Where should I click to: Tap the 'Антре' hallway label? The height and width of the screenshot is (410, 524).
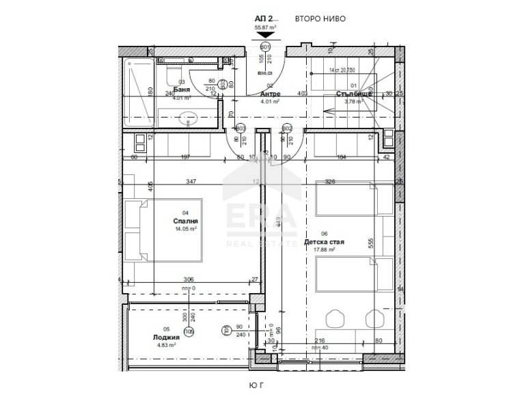269,94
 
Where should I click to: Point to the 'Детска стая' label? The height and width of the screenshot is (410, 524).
329,242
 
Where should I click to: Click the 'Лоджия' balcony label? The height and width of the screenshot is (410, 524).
167,338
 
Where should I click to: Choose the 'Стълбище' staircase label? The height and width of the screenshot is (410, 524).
353,94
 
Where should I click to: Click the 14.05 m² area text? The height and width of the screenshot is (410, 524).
184,229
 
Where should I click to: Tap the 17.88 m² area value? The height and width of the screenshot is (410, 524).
324,250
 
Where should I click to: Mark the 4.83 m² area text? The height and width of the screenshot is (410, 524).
166,346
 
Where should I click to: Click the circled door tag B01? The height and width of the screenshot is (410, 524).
266,46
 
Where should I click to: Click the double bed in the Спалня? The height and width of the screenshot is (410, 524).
167,230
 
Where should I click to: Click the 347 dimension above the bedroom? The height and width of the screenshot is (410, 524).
191,182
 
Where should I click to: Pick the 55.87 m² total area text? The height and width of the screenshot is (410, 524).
266,28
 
